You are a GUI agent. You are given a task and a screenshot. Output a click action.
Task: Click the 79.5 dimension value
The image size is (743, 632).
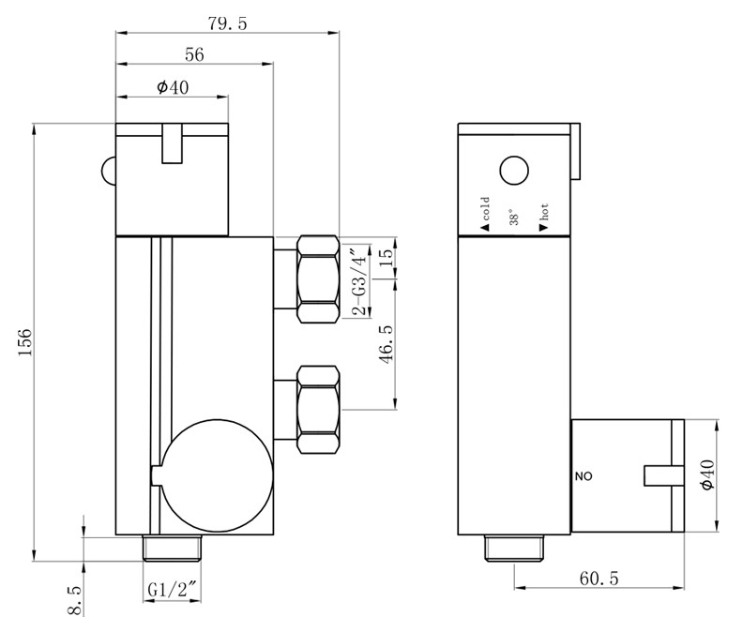[x=228, y=23]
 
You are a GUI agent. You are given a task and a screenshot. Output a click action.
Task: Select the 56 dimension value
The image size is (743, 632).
[x=194, y=55]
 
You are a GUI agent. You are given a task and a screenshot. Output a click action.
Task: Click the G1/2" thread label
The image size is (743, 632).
[x=172, y=590]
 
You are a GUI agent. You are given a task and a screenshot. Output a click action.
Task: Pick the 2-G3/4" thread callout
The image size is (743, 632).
[x=355, y=278]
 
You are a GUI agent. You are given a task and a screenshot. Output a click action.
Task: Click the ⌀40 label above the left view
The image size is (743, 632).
[x=172, y=87]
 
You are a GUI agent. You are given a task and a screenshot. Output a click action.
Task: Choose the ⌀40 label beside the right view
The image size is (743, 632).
[x=706, y=476]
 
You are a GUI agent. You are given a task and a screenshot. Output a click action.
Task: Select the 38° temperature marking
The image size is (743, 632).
[x=512, y=218]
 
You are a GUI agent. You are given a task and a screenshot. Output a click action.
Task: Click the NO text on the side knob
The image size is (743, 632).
[x=584, y=476]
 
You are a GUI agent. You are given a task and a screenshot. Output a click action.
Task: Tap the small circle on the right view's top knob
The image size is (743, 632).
[x=514, y=171]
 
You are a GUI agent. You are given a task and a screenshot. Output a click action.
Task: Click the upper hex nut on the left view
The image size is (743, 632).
[x=318, y=279]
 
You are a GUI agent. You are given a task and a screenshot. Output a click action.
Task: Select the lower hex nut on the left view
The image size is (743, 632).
[x=318, y=409]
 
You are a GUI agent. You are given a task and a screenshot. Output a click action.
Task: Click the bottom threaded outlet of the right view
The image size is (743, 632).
[x=514, y=548]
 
